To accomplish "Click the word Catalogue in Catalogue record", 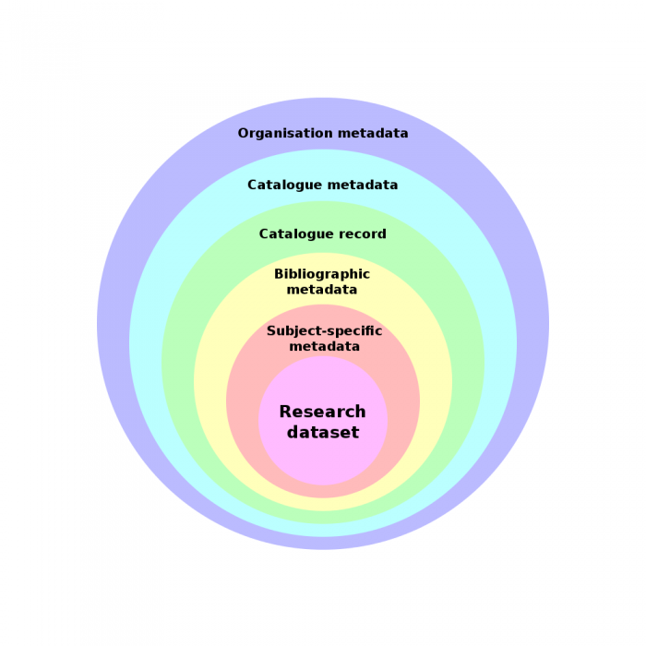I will pos(293,234).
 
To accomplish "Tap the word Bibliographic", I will pos(322,274).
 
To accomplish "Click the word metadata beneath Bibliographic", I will pos(322,289).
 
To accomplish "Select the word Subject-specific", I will pos(324,331).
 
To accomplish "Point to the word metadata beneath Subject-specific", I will pos(324,346).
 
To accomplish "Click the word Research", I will pos(322,412).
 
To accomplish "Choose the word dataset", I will pos(322,431).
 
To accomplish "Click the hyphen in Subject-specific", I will pos(319,331).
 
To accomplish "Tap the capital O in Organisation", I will pos(243,133).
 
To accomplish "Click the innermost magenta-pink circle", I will pos(323,461).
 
